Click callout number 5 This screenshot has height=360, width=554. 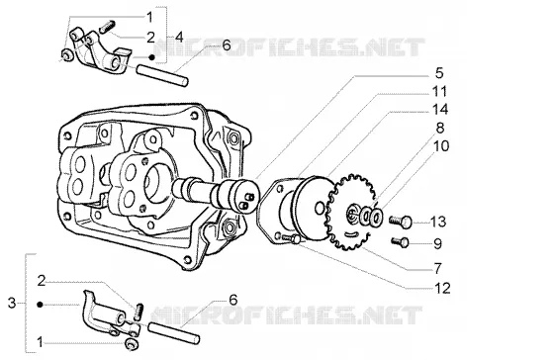pyautogui.click(x=439, y=73)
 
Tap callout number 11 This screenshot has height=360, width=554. pyautogui.click(x=440, y=92)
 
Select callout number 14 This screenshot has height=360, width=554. pyautogui.click(x=440, y=110)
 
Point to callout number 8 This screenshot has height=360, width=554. pyautogui.click(x=440, y=128)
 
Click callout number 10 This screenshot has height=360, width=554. pyautogui.click(x=441, y=146)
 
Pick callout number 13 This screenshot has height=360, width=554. pyautogui.click(x=438, y=222)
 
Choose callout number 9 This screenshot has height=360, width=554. pyautogui.click(x=437, y=243)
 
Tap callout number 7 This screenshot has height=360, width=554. pyautogui.click(x=437, y=268)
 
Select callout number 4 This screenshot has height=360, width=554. pyautogui.click(x=179, y=37)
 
